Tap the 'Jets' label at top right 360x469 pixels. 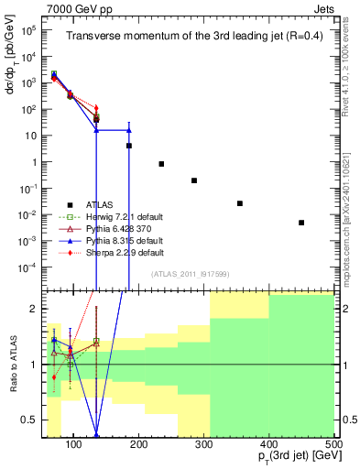click(x=323, y=7)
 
